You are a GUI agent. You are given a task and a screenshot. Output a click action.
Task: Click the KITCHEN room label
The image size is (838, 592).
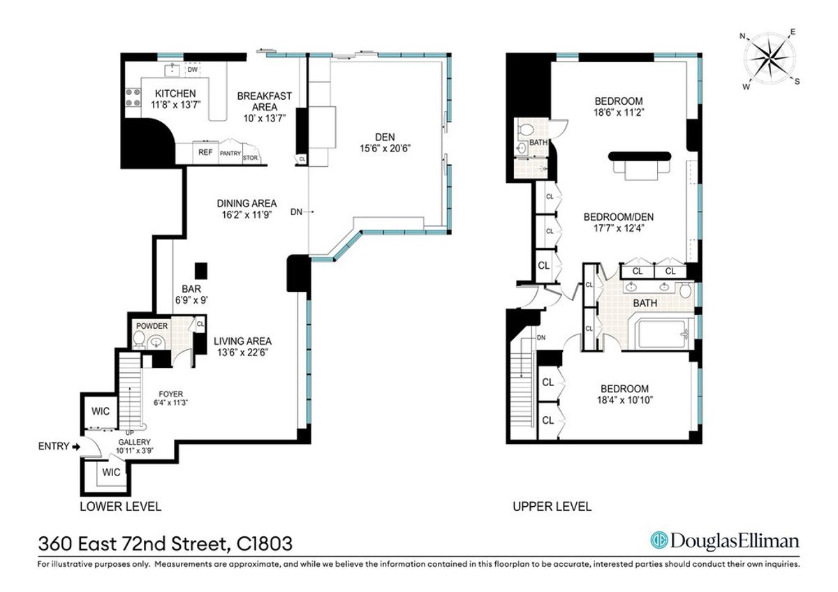point(175,94)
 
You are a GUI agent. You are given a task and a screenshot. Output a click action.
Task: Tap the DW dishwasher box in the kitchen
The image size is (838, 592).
point(193,69)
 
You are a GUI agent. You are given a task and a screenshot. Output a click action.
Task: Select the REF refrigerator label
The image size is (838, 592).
point(205,152)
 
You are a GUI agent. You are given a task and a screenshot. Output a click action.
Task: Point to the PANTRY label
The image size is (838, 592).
point(230,153)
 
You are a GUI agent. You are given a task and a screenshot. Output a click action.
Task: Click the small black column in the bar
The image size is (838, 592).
point(201,269)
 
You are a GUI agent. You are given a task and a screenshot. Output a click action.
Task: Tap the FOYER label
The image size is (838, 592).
point(166,392)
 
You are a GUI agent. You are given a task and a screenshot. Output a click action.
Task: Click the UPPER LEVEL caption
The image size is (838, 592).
point(552,506)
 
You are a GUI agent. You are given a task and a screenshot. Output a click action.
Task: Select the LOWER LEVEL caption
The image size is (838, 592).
point(120,506)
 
